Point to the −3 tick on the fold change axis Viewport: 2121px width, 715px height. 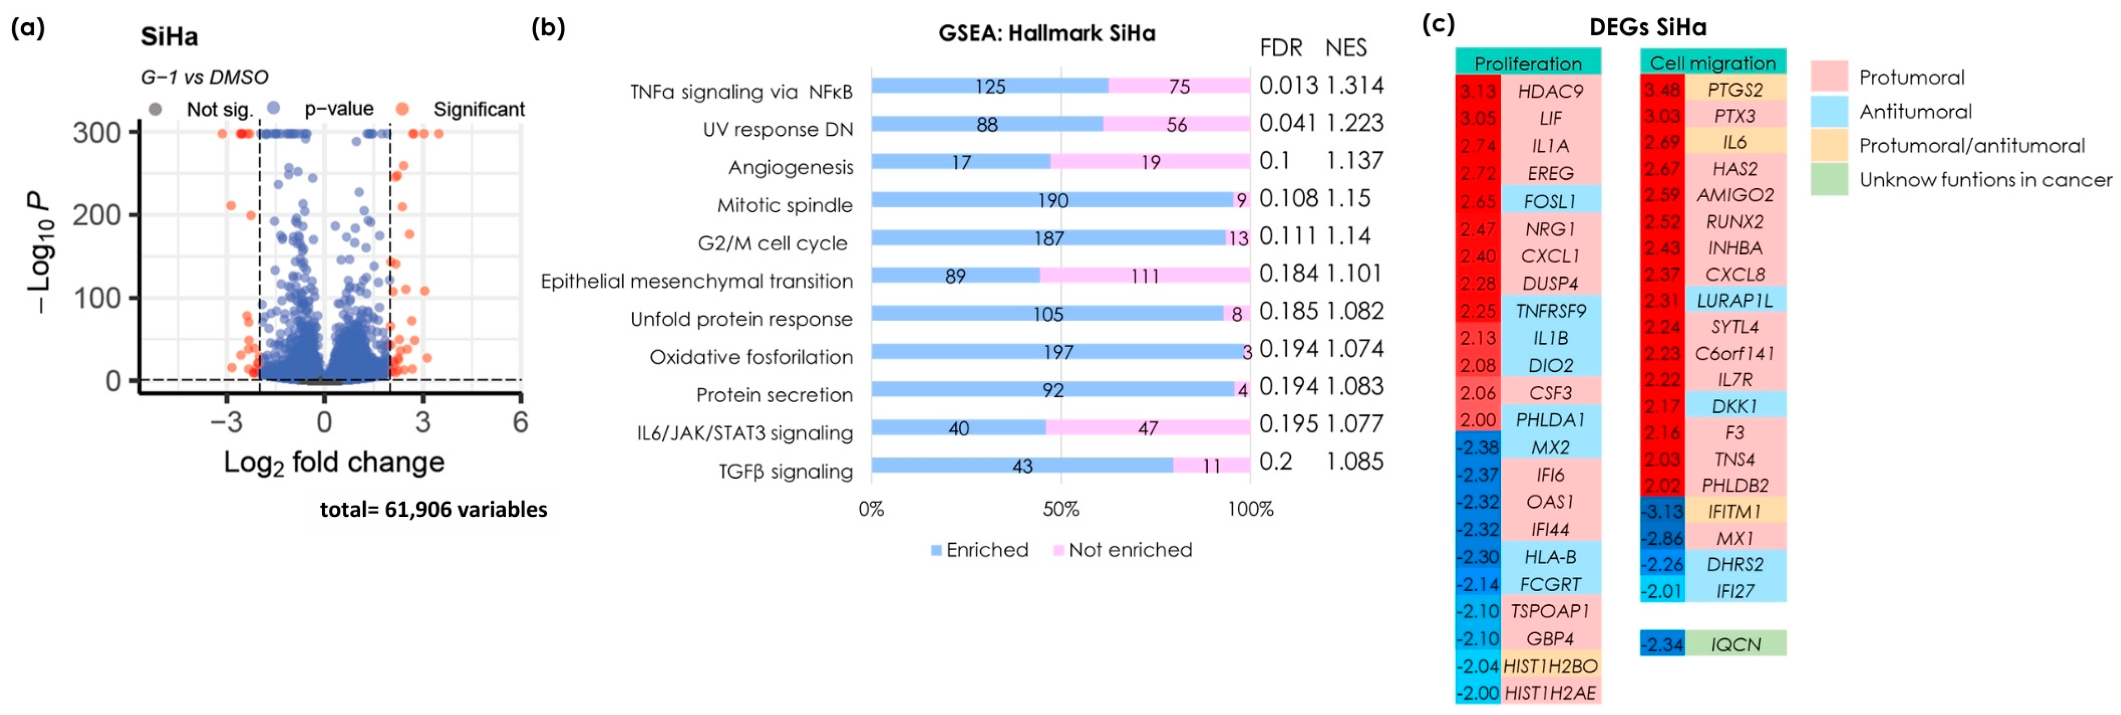[227, 422]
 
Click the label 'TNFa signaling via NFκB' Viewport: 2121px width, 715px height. [741, 91]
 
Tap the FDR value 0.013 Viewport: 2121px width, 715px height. [1289, 86]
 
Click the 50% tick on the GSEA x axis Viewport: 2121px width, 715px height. [1061, 509]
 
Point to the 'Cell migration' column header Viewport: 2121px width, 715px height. [1713, 62]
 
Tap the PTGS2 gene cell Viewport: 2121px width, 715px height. [1735, 89]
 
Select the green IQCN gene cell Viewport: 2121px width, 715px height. [1736, 643]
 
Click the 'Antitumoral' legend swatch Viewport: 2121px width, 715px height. [1829, 111]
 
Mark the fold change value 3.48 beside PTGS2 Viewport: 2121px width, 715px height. [1662, 89]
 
